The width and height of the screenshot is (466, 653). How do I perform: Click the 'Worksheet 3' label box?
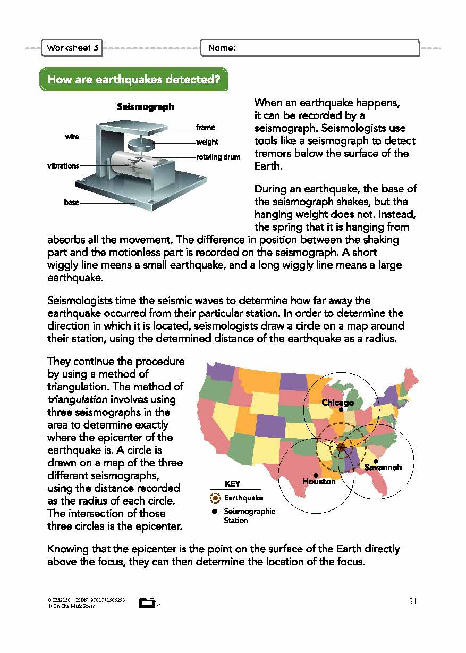click(72, 48)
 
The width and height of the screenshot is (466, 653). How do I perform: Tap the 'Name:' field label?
click(222, 48)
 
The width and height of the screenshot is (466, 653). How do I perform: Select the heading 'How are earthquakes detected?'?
click(133, 80)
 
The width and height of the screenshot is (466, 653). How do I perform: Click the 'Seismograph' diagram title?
click(145, 107)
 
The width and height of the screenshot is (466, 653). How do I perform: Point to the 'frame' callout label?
click(205, 128)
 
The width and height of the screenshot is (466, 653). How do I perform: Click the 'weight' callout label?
click(207, 142)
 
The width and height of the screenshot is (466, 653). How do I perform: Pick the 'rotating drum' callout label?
click(218, 157)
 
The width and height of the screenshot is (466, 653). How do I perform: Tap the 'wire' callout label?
click(72, 137)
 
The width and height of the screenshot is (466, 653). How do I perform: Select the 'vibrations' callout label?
click(63, 165)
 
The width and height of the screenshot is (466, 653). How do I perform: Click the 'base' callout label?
click(71, 203)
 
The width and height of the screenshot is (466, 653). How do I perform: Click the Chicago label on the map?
click(337, 403)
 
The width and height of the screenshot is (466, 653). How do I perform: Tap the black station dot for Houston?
click(316, 475)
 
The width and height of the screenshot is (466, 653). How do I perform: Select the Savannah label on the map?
click(383, 467)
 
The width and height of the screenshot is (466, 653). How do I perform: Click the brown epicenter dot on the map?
click(341, 447)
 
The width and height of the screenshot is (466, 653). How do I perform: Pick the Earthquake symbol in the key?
click(215, 498)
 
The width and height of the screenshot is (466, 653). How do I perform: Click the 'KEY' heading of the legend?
click(232, 484)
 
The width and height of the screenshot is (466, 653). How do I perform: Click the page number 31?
click(413, 601)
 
